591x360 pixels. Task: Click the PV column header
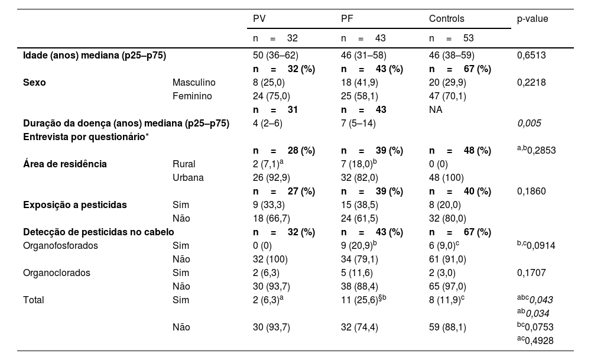(x=259, y=19)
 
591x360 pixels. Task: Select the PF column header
(x=347, y=19)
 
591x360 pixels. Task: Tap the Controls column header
(x=447, y=19)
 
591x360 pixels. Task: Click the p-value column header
(x=532, y=19)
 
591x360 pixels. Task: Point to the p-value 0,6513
(x=531, y=56)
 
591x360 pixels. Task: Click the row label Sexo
(x=34, y=82)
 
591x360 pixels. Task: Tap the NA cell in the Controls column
(x=435, y=109)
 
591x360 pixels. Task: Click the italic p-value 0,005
(x=529, y=123)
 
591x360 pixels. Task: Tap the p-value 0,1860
(x=531, y=191)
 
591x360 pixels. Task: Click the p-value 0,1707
(x=531, y=273)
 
